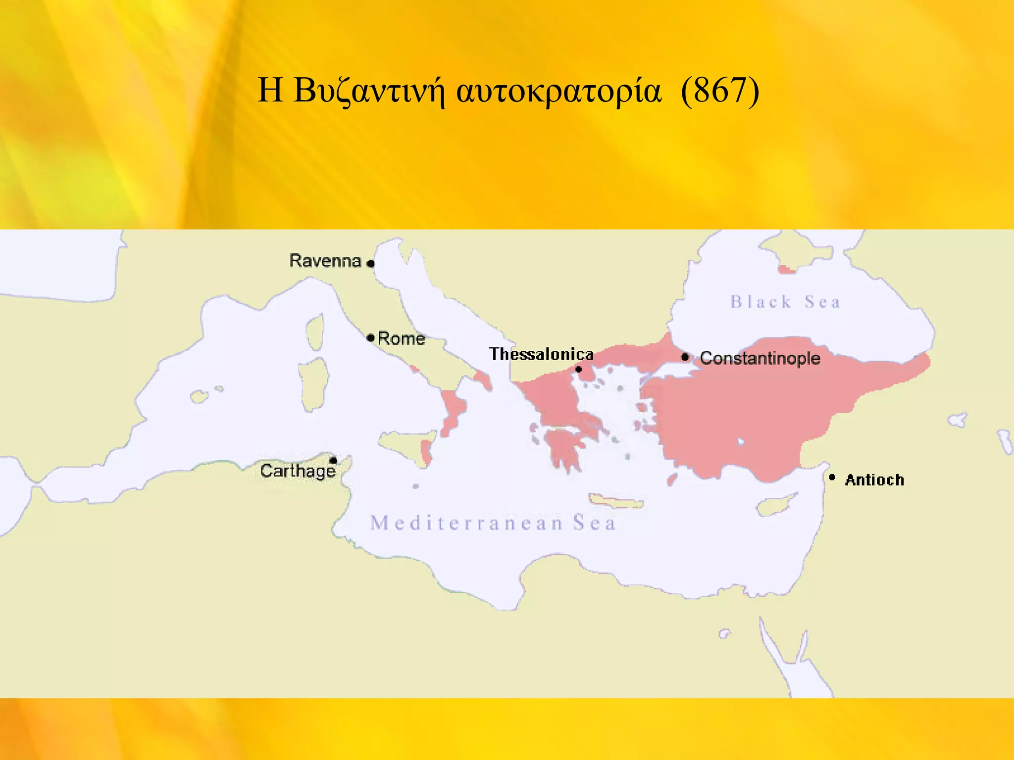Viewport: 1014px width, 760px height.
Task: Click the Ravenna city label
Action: click(325, 261)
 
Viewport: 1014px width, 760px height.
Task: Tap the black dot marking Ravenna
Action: click(370, 264)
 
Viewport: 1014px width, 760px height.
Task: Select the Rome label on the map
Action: click(402, 339)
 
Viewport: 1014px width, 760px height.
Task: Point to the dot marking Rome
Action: click(370, 338)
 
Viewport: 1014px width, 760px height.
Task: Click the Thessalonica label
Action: click(541, 354)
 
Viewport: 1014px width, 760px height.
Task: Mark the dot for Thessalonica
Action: click(578, 369)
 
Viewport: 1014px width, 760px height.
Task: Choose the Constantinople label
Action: click(760, 358)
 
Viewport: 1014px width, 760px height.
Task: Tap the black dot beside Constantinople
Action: click(685, 357)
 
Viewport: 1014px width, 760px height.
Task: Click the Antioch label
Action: click(874, 480)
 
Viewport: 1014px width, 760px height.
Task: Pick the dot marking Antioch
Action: click(832, 477)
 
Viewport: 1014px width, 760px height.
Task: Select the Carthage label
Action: click(298, 471)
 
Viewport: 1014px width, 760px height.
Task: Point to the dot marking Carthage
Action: click(333, 461)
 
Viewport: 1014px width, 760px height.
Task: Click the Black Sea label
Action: click(785, 302)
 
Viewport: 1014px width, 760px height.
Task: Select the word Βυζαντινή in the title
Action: click(369, 91)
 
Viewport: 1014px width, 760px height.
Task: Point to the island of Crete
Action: click(616, 501)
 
